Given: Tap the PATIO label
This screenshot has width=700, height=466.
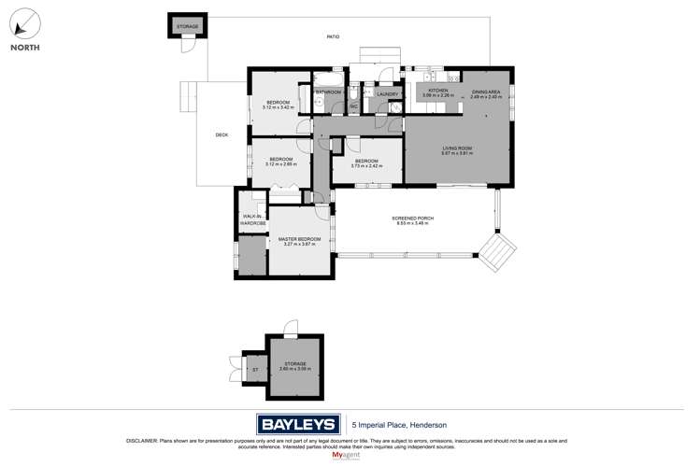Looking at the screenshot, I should (x=333, y=36).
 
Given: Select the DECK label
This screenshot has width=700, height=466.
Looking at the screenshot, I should (x=221, y=135).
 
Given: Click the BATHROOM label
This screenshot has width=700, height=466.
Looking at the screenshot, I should (x=327, y=92).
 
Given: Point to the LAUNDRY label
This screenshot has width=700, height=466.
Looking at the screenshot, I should (x=388, y=93).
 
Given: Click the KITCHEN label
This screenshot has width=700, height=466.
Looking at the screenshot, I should (x=438, y=91).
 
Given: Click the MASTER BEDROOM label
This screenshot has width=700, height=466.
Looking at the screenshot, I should (x=299, y=239).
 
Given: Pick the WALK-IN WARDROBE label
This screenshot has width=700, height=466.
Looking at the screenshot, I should (x=253, y=220).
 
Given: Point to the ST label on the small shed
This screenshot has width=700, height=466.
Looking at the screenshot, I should (x=254, y=370).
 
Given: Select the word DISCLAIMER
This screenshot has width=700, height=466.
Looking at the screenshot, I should (x=141, y=440).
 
